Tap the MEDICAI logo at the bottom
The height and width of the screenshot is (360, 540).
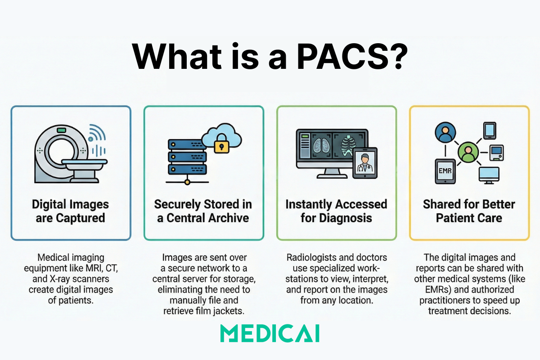pos(270,334)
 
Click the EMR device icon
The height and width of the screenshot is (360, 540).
pos(445,171)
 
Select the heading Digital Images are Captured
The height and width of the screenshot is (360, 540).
pos(70,211)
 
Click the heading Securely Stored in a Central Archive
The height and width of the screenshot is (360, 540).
pos(203,211)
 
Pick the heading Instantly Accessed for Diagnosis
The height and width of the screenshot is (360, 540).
pos(336,211)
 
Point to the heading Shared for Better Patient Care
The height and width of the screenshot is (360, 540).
pos(469,211)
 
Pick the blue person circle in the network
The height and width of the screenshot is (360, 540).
pos(445,133)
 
